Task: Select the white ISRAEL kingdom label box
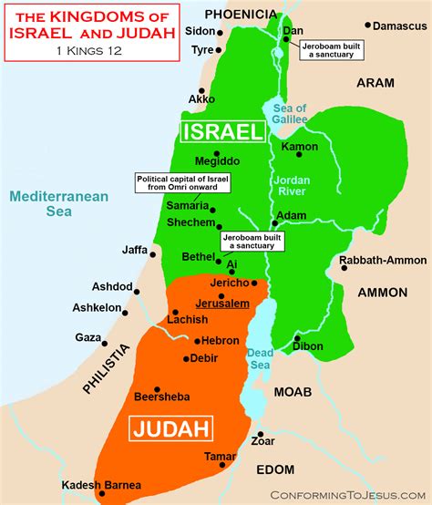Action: click(x=222, y=132)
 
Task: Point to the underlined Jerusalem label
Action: click(x=221, y=303)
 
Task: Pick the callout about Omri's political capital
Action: click(x=183, y=182)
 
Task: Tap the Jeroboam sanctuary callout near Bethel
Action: click(x=252, y=242)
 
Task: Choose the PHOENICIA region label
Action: click(x=241, y=13)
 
